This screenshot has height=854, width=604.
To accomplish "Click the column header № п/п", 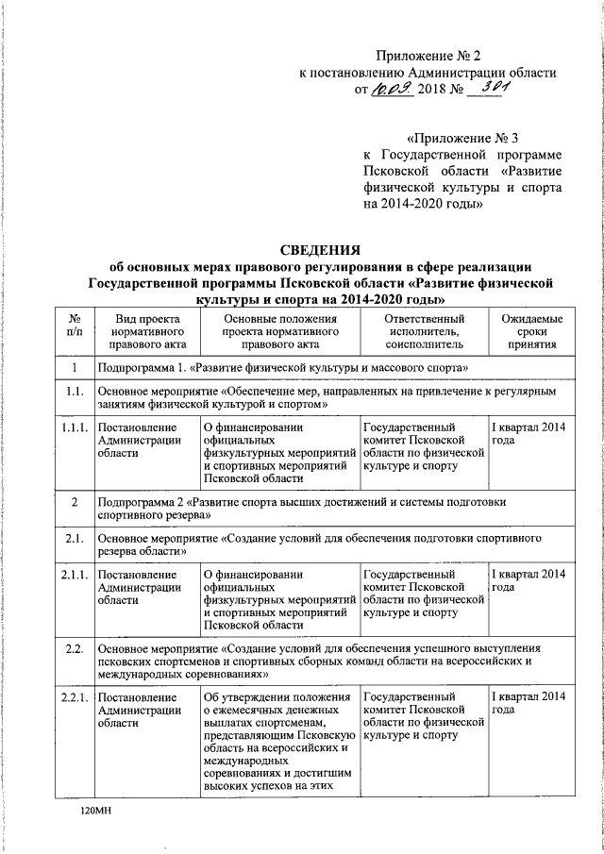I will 75,327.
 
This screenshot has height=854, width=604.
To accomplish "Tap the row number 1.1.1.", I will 75,427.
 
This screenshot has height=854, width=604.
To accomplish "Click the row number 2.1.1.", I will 75,575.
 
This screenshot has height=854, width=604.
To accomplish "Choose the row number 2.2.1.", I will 75,697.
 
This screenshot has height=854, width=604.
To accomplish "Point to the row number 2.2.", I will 75,649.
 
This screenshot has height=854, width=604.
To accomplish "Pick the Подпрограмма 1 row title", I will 283,366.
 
